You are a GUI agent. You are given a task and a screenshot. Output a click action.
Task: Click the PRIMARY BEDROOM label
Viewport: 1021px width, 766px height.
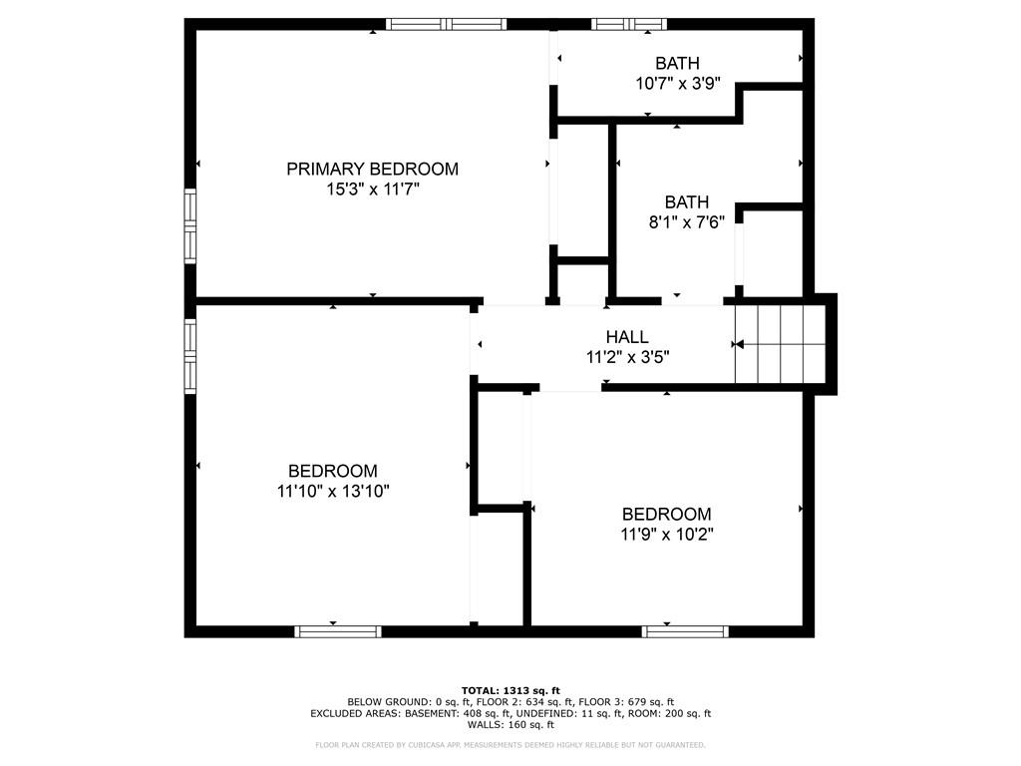(373, 169)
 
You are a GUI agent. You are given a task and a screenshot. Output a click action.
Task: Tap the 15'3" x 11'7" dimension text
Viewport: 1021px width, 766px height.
(373, 190)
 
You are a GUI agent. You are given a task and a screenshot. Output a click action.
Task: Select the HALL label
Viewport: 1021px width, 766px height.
(627, 337)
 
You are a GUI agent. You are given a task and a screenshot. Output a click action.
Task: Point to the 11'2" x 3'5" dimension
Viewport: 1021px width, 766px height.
(628, 357)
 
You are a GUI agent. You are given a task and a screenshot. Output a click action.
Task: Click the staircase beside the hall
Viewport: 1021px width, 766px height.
(780, 344)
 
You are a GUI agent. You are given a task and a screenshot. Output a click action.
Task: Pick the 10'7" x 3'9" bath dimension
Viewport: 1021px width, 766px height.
(677, 84)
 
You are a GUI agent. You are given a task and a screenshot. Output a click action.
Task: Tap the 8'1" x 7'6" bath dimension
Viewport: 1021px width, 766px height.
(686, 222)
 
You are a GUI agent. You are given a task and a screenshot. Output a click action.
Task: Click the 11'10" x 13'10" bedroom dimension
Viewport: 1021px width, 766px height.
(333, 491)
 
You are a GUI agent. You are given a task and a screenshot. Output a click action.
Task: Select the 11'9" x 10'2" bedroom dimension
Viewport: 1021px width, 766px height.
(667, 535)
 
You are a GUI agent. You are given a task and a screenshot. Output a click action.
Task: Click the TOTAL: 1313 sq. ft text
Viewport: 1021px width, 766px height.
(510, 690)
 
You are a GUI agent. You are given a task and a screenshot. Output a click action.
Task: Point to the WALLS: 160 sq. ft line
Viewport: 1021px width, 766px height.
(510, 724)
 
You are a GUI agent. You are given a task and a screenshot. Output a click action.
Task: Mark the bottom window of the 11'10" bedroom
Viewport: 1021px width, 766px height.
(337, 631)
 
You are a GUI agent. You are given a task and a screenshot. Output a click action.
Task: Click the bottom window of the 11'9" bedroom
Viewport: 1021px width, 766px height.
(685, 631)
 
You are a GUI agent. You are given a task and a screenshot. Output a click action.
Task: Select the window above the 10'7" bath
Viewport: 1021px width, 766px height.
(629, 24)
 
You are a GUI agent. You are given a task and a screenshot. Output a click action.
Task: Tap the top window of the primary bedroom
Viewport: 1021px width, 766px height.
(446, 24)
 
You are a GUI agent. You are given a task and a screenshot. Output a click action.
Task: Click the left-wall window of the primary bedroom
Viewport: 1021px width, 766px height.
(190, 226)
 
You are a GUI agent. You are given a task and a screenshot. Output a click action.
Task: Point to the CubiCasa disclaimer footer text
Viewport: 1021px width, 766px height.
(510, 744)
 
